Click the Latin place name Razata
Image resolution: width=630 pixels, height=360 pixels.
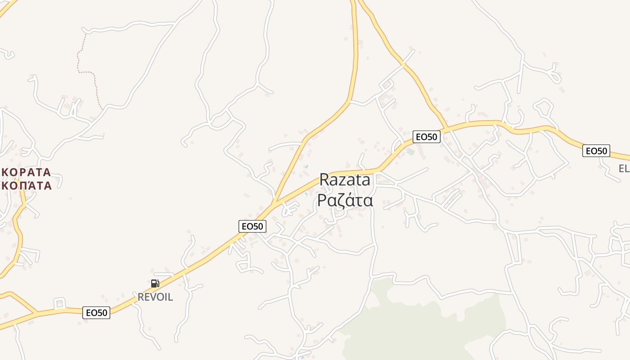345,180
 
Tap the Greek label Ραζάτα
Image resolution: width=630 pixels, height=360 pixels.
345,200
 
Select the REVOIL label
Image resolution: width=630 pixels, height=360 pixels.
155,297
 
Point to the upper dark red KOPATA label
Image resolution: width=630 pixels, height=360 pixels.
26,172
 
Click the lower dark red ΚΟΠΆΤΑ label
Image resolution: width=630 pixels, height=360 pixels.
26,185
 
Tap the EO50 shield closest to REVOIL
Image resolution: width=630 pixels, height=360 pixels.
96,312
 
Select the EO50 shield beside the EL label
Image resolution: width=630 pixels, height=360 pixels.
596,151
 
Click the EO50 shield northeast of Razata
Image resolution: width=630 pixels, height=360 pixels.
426,137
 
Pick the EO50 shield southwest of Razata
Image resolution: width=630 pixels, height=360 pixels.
252,226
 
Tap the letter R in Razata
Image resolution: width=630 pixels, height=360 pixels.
324,180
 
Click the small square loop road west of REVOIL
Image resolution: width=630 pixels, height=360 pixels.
59,303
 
